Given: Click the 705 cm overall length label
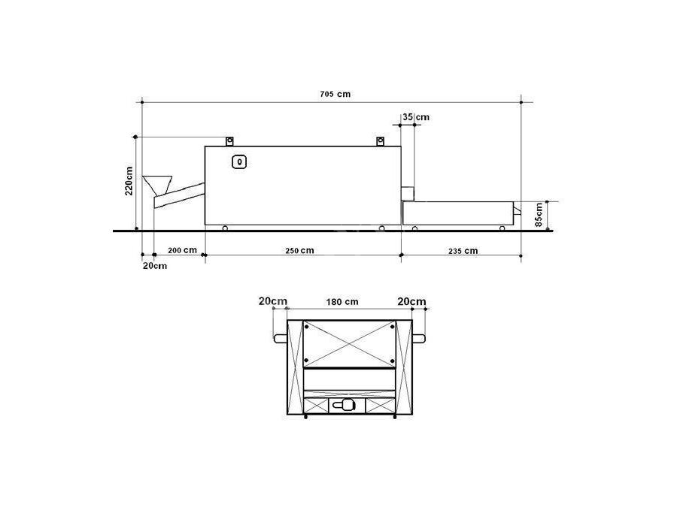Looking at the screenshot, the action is tap(335, 94).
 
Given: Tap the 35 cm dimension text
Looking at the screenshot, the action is tap(416, 117).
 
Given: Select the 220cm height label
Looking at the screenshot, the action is tap(129, 181).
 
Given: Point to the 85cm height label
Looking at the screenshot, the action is tap(539, 215).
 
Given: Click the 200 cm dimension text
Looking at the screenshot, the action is tap(182, 250).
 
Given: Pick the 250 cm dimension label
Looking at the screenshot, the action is tap(299, 250).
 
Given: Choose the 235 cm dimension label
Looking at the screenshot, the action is tap(463, 251).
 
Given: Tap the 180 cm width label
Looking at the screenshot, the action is tap(342, 302).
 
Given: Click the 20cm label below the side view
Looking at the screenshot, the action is tap(154, 266).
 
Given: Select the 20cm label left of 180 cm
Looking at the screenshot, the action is tap(273, 301).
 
